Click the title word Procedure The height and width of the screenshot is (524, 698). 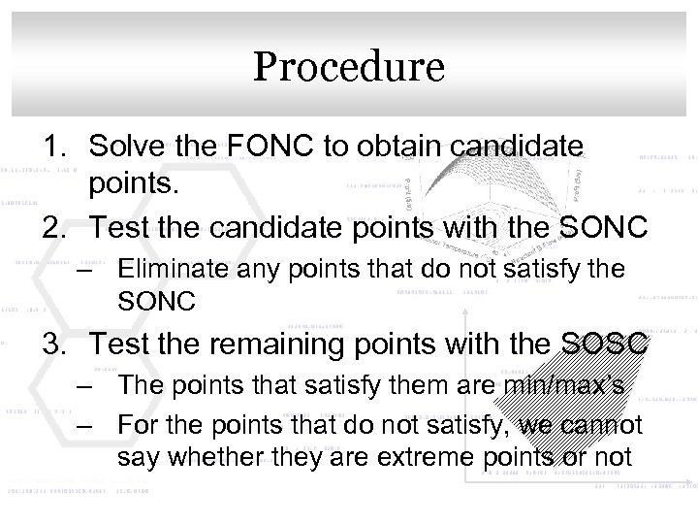click(x=349, y=68)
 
